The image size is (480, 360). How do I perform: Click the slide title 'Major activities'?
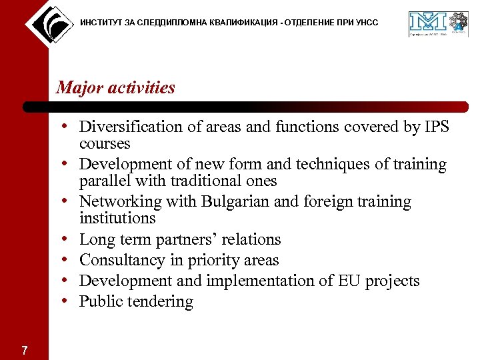pos(115,87)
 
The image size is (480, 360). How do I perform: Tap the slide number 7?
pos(24,351)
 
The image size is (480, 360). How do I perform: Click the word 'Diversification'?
pos(131,127)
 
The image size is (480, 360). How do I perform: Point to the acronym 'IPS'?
pos(436,127)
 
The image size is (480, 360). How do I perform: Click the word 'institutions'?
pos(117,218)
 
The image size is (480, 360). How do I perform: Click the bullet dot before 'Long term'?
pos(70,239)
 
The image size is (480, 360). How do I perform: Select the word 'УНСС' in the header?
pos(366,23)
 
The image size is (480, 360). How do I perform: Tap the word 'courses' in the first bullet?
pos(105,143)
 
